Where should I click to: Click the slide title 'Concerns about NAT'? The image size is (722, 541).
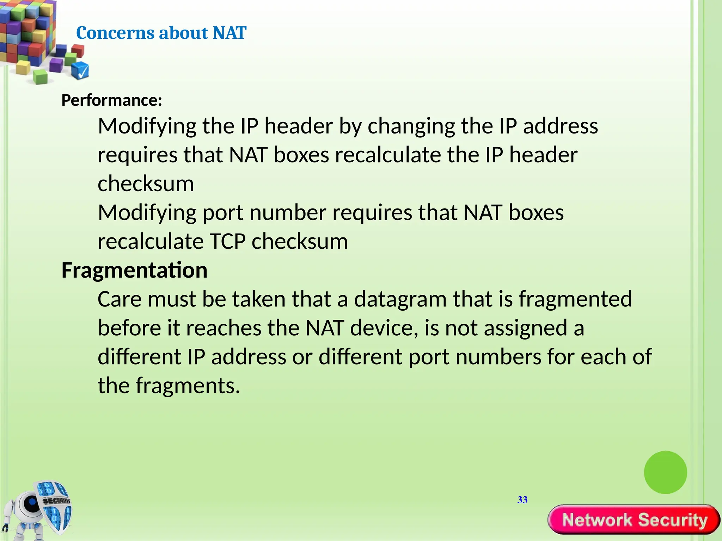(161, 33)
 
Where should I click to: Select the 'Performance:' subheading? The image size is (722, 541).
(112, 100)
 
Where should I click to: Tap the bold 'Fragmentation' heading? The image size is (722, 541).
(134, 270)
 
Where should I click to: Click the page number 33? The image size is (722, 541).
(522, 500)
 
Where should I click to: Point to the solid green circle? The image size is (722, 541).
(665, 472)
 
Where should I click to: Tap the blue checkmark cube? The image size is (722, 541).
(80, 70)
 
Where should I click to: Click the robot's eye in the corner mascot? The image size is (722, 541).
(31, 502)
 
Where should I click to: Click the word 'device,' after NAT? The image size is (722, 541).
(384, 328)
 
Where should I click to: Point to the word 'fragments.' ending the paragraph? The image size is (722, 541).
(188, 386)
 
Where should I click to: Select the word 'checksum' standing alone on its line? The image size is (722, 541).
(146, 184)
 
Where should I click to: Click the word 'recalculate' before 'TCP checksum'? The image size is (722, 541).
(151, 242)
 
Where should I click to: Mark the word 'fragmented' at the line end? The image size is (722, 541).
(575, 299)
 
